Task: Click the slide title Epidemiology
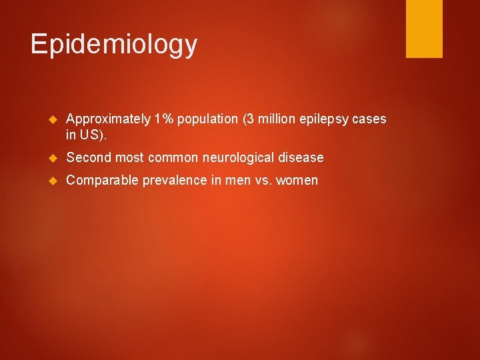[114, 44]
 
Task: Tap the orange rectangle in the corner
[425, 29]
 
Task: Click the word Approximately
[109, 119]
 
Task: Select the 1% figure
[164, 119]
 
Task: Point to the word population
[207, 119]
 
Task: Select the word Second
[89, 158]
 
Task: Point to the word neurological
[241, 158]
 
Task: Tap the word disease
[302, 158]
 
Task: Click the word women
[297, 180]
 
